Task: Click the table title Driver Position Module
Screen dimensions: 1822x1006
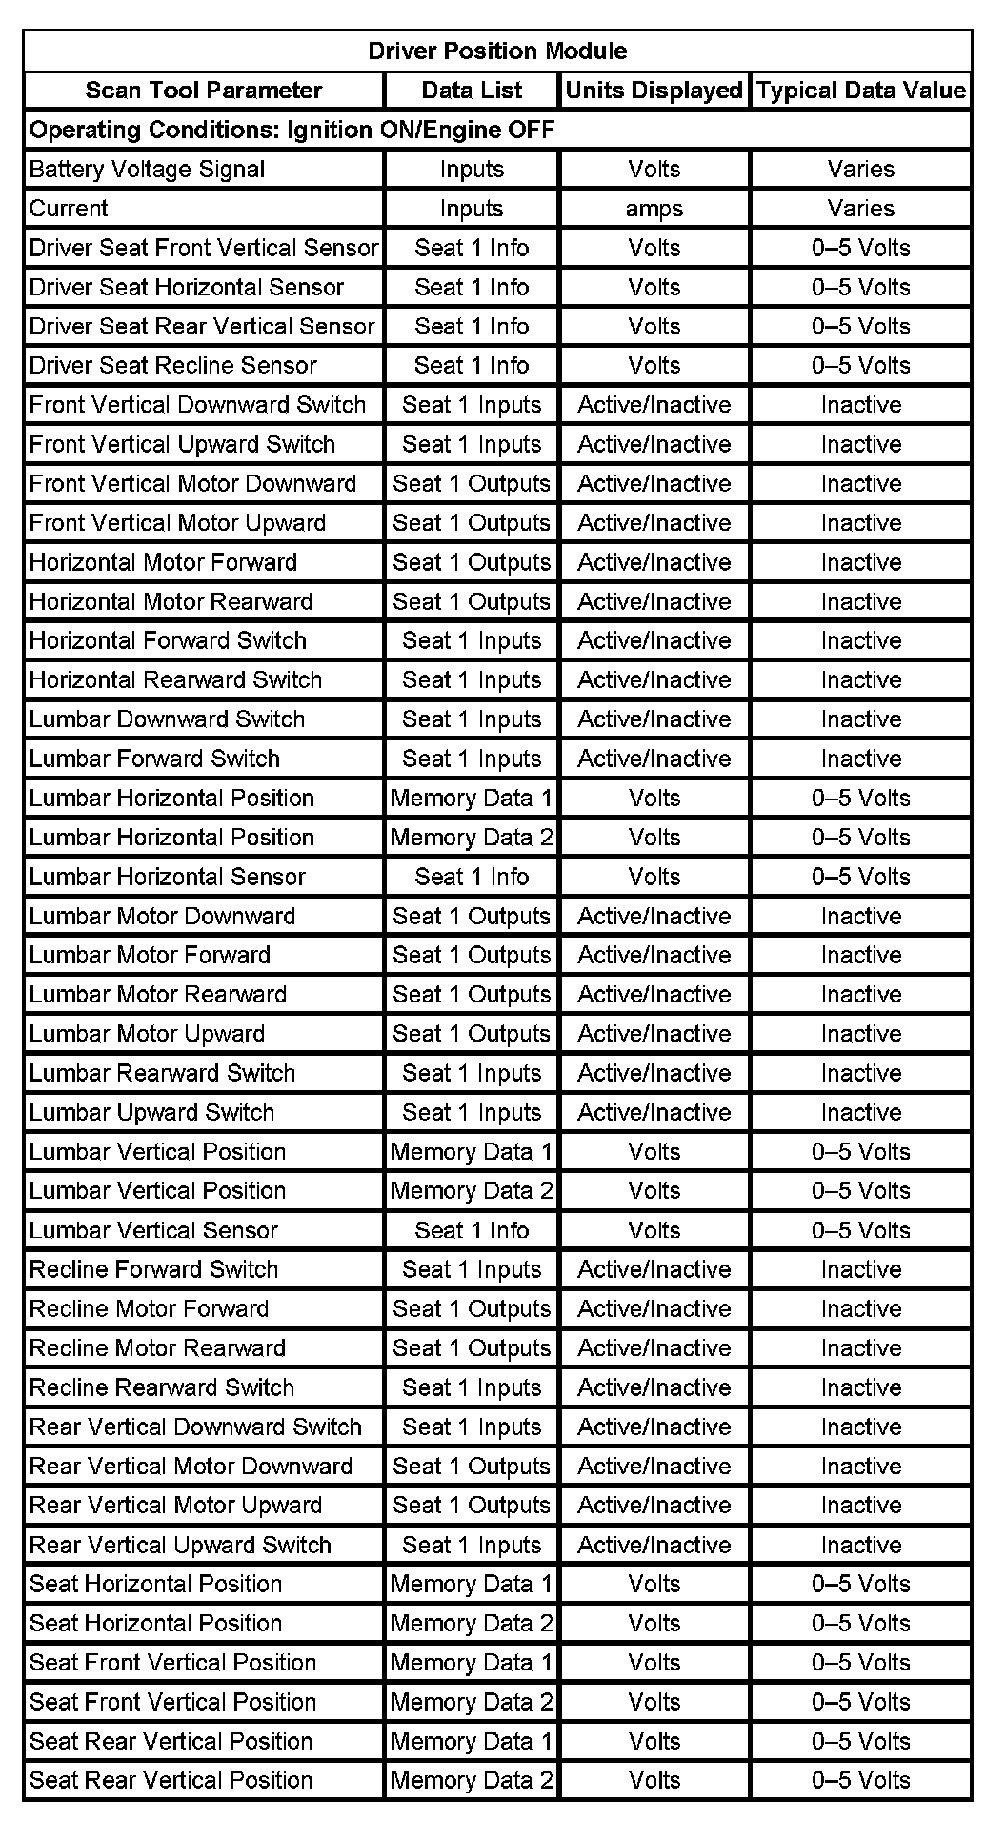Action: [x=497, y=51]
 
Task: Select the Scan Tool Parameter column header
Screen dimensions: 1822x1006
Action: [x=204, y=91]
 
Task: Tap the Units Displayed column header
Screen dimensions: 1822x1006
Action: [x=654, y=91]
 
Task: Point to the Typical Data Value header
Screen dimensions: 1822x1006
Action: [x=861, y=91]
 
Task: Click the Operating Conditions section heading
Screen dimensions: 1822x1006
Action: [x=292, y=130]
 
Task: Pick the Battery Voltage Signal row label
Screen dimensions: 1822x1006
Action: [x=148, y=170]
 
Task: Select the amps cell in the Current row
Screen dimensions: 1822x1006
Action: [x=654, y=209]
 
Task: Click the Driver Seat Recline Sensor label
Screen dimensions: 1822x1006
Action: [x=173, y=366]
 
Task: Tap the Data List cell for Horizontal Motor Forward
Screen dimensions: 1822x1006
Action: [x=472, y=562]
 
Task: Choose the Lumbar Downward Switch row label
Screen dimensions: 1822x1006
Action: [x=167, y=719]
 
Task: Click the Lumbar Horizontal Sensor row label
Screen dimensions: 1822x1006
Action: [x=168, y=877]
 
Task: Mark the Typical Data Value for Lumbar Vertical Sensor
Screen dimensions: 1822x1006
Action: [x=861, y=1230]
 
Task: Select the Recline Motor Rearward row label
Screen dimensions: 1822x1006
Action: [x=157, y=1348]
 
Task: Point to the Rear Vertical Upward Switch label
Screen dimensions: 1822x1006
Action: [x=180, y=1545]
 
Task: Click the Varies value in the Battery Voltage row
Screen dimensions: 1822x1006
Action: [x=861, y=170]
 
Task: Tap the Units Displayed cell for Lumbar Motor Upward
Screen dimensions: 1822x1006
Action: [x=654, y=1034]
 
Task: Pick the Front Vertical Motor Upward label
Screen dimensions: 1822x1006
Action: [x=177, y=523]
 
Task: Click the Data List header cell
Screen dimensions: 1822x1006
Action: [x=472, y=91]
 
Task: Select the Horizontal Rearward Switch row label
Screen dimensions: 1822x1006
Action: [x=175, y=680]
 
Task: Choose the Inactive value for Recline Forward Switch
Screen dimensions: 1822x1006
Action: [x=861, y=1269]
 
